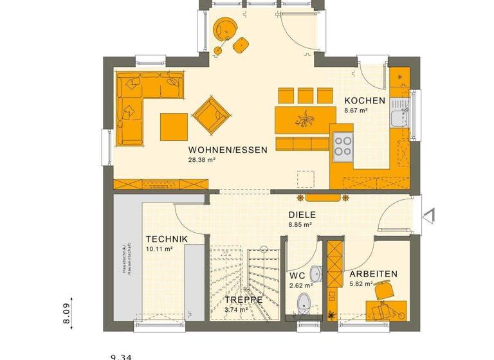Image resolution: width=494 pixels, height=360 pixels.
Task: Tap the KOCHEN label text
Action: (x=365, y=100)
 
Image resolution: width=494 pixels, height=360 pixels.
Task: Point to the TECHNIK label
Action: (x=166, y=239)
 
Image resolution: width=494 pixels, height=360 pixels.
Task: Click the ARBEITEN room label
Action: (x=373, y=274)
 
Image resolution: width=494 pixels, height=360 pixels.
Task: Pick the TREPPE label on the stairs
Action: (x=243, y=300)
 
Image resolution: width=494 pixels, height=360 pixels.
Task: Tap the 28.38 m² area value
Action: (x=202, y=161)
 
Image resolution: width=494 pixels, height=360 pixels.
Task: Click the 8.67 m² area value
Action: (x=356, y=111)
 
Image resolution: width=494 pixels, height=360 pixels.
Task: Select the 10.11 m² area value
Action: (x=159, y=249)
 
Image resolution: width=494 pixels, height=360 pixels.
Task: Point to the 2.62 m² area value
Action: (x=301, y=285)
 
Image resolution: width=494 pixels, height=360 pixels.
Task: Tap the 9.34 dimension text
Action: (x=122, y=355)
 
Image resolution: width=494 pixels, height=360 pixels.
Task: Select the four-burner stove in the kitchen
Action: (x=342, y=146)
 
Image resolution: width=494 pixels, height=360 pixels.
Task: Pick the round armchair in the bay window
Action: (x=225, y=29)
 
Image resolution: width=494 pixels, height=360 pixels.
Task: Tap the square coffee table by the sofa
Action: (x=174, y=125)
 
